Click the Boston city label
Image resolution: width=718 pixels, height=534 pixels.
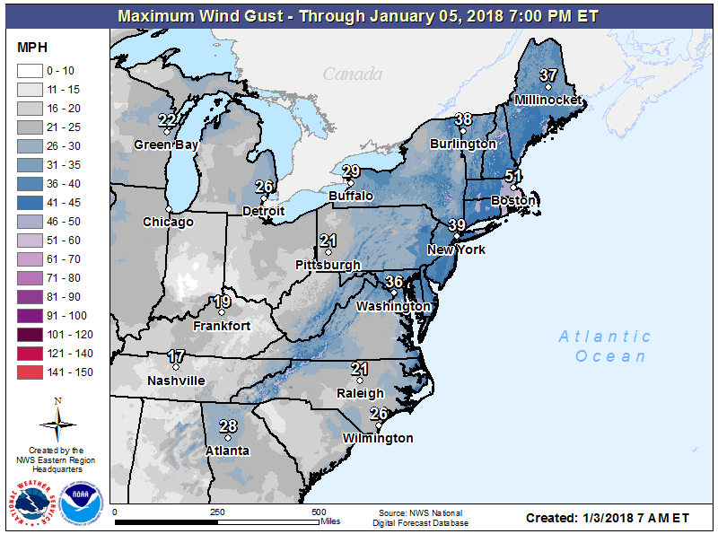click(x=513, y=201)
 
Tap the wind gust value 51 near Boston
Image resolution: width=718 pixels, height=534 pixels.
click(x=513, y=176)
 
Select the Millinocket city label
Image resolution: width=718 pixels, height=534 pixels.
click(x=547, y=100)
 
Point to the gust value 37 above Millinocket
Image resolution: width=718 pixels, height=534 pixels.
click(x=548, y=74)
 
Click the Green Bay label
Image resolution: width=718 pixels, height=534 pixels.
click(x=166, y=144)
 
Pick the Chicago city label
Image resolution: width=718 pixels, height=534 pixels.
click(x=168, y=222)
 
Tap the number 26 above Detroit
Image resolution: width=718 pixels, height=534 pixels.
click(x=264, y=187)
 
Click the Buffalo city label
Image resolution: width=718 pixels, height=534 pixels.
click(x=351, y=196)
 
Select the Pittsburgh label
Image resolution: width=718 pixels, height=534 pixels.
click(x=328, y=265)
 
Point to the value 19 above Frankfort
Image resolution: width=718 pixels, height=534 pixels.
click(x=222, y=302)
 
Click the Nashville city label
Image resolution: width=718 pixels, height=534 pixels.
click(x=177, y=381)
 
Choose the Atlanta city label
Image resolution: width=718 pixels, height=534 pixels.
click(x=228, y=451)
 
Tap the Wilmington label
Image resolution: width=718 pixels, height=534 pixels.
click(x=379, y=438)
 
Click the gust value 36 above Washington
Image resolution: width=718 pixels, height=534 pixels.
click(x=394, y=282)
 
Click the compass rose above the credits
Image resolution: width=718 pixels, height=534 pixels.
click(x=57, y=421)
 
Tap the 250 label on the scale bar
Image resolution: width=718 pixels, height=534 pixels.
click(x=216, y=512)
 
